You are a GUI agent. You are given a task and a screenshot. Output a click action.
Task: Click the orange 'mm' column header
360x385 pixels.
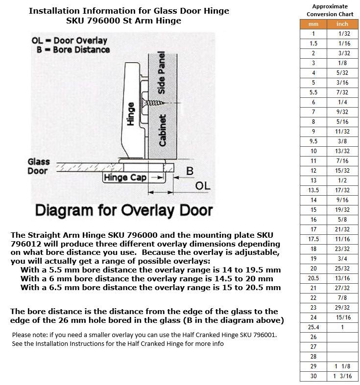coord(313,24)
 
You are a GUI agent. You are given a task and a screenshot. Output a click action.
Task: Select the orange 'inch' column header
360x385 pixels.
coord(342,24)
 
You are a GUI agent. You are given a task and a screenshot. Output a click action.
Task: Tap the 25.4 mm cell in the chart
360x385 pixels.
coord(313,327)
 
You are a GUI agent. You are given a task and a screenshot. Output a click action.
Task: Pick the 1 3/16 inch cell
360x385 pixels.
coord(342,376)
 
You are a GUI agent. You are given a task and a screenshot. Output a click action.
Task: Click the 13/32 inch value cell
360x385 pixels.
coord(342,151)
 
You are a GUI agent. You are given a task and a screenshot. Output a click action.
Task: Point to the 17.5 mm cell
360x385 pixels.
coord(313,239)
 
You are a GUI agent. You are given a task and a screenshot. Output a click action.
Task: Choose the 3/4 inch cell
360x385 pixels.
coord(342,259)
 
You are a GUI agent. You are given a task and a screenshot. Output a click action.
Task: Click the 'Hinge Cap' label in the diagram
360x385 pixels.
coord(125,177)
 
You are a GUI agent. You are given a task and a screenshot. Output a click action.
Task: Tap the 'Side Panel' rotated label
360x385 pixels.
coord(161,73)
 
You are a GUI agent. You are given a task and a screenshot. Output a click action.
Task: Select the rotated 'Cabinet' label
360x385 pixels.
coord(162,131)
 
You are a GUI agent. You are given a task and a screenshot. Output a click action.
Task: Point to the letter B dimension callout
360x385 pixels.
coord(190,171)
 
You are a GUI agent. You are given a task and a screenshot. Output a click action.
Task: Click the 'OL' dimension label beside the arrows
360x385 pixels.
coord(203,186)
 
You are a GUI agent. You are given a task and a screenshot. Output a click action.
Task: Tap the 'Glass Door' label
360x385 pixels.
coord(39,166)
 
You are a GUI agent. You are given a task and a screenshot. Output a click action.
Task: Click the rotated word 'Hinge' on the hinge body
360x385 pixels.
coord(130,114)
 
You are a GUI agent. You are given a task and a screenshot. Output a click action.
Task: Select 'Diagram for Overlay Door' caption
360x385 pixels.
coord(124,211)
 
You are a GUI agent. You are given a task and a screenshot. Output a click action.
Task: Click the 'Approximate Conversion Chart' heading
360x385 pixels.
coord(330,10)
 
